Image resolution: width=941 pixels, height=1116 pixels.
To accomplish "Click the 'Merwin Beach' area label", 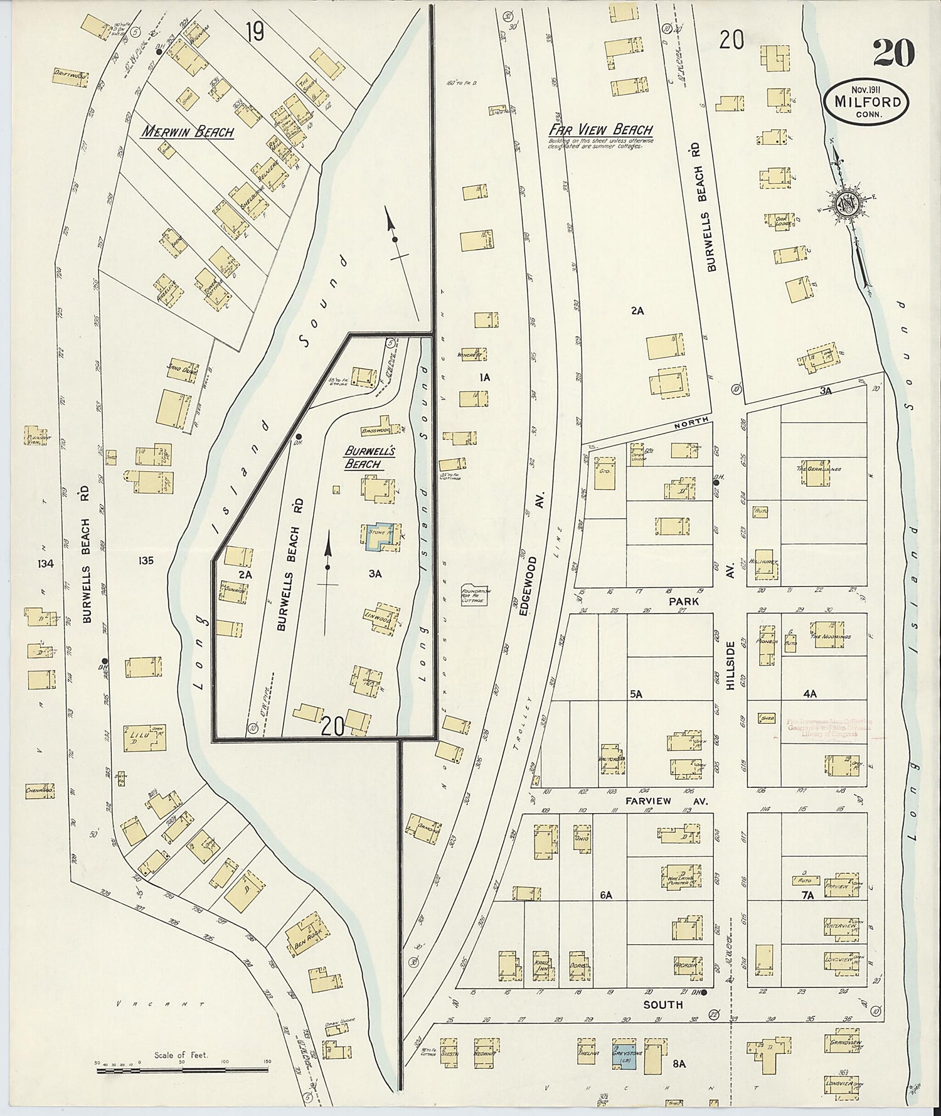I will pyautogui.click(x=187, y=132).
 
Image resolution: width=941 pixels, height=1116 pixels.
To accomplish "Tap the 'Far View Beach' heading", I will pyautogui.click(x=600, y=130).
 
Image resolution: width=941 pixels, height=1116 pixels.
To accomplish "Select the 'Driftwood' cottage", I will pyautogui.click(x=70, y=77).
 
